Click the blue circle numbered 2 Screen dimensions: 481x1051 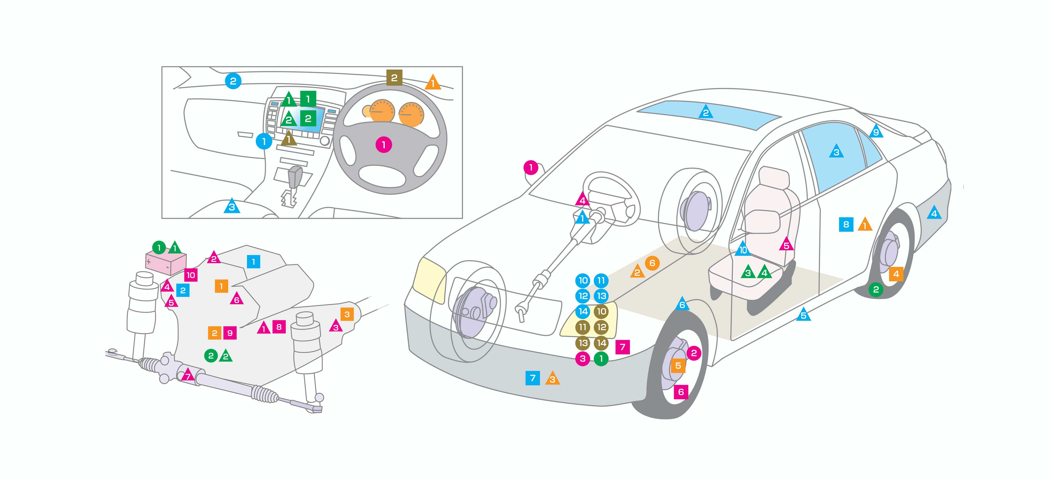tap(233, 81)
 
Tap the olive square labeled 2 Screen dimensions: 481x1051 tap(394, 78)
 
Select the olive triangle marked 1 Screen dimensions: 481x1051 tap(289, 139)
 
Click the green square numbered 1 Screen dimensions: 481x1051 tap(308, 99)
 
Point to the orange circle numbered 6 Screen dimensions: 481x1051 tap(652, 263)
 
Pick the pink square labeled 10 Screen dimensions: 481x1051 tap(191, 275)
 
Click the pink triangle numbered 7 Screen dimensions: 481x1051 tap(188, 375)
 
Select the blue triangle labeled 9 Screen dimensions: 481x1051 tap(876, 132)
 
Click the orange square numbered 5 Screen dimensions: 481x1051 tap(678, 366)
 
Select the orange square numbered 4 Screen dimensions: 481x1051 tap(896, 274)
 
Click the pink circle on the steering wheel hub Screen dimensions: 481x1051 tap(383, 145)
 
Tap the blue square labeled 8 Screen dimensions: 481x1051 tap(846, 224)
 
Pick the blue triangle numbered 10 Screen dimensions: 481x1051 tap(743, 250)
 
